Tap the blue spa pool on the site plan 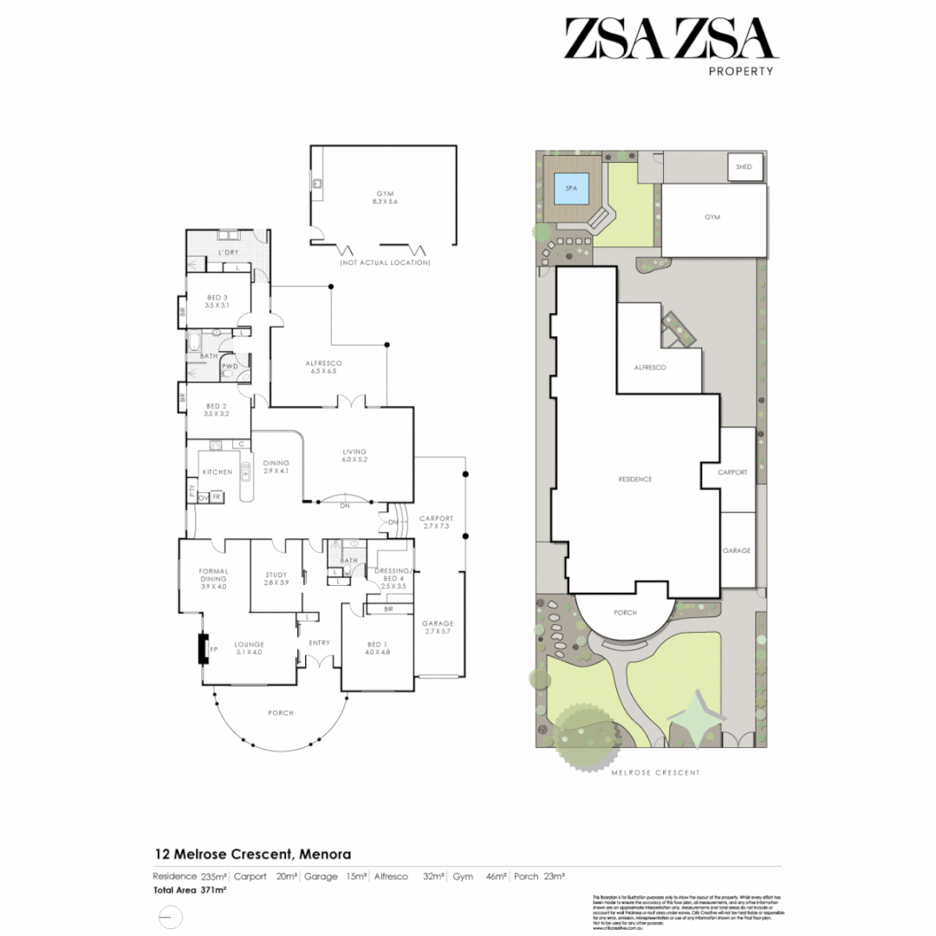[x=571, y=188]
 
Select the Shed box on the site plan [x=744, y=166]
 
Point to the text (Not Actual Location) [x=384, y=262]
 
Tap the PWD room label [x=230, y=367]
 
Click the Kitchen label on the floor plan [x=217, y=471]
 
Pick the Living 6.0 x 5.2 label [x=354, y=456]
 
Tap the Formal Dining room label [x=212, y=578]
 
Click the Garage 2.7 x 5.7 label [x=438, y=628]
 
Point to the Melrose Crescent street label [x=655, y=771]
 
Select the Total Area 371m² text [x=190, y=889]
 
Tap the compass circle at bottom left [x=171, y=916]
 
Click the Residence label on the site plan [x=634, y=479]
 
